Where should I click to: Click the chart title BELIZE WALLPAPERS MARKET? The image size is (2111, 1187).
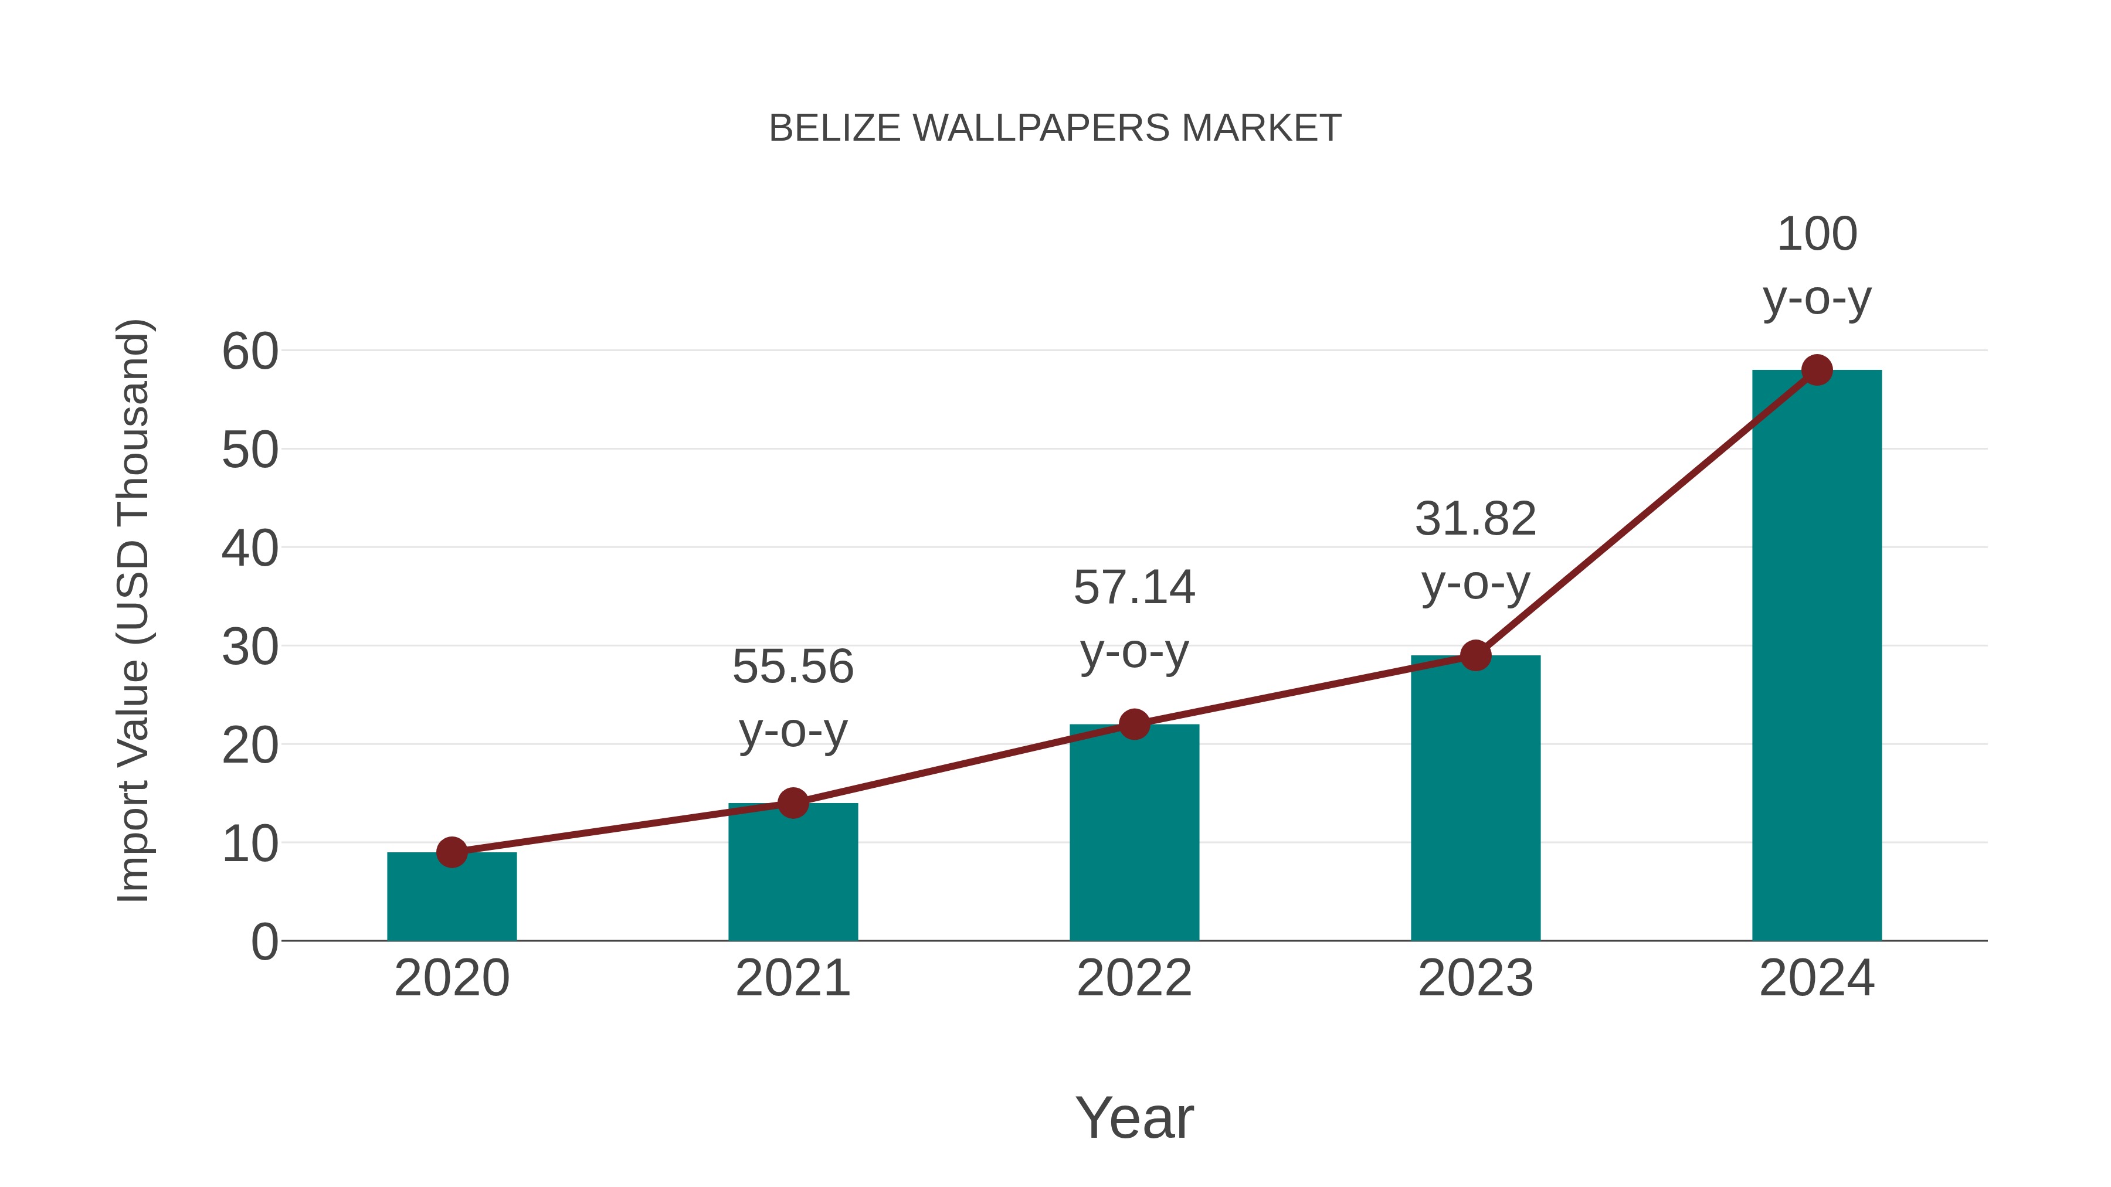[1055, 128]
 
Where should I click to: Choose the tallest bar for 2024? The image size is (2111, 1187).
[1817, 655]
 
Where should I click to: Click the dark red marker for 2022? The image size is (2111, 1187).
[1134, 724]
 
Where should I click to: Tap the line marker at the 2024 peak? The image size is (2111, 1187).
[1817, 370]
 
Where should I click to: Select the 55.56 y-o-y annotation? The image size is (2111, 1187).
[792, 698]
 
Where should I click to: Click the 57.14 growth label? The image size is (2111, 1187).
[1134, 620]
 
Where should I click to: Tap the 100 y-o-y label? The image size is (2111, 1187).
[1817, 266]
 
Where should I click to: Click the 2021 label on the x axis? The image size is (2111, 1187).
[792, 978]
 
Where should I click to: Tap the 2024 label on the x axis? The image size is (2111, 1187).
[1817, 978]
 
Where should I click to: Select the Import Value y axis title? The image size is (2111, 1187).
[133, 610]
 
